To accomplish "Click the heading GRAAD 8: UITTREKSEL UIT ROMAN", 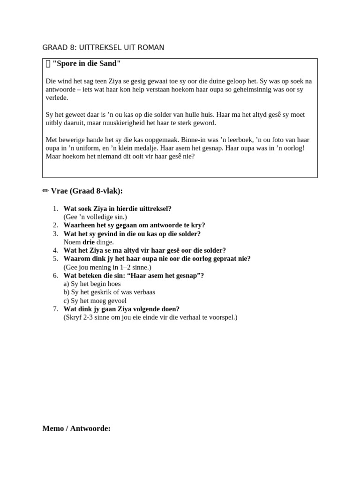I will click(103, 47).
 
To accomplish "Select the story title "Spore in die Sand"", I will click(87, 63).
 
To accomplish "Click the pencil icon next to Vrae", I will click(45, 191).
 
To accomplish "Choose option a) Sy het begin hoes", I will click(92, 284).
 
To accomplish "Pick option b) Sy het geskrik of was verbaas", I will click(109, 292).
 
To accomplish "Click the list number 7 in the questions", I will click(55, 309).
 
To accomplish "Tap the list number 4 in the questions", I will click(55, 250).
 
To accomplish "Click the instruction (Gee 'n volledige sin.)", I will click(95, 217).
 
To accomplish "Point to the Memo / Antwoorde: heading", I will click(76, 428).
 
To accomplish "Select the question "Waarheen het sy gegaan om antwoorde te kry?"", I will click(134, 225).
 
